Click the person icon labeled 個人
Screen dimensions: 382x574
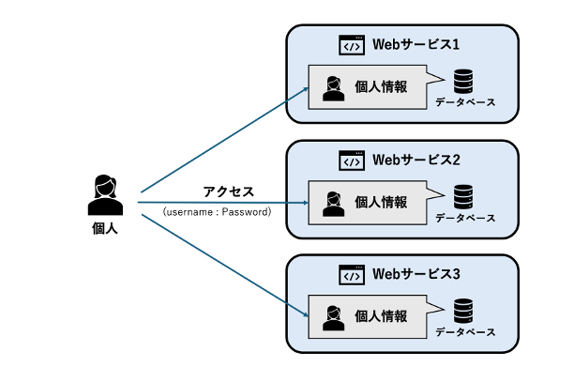(x=104, y=195)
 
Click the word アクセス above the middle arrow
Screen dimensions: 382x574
(x=229, y=191)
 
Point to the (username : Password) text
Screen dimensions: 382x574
(x=217, y=212)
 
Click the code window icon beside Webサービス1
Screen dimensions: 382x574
(x=351, y=45)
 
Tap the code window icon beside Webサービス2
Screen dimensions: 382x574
(x=351, y=160)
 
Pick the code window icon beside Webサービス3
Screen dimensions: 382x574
(x=351, y=275)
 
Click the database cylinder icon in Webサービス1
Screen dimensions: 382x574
(x=463, y=82)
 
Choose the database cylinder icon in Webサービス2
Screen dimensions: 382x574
(x=463, y=196)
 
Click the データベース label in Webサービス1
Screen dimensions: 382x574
(x=464, y=102)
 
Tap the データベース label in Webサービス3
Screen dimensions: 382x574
(x=464, y=332)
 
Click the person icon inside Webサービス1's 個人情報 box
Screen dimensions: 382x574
(x=332, y=88)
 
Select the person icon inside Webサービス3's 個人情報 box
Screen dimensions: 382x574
(x=332, y=317)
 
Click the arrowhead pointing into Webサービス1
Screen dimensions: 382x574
(x=305, y=90)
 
